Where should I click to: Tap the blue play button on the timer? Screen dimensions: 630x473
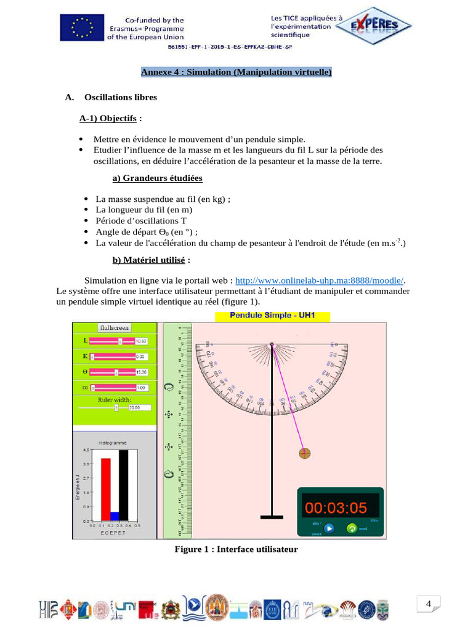pyautogui.click(x=329, y=528)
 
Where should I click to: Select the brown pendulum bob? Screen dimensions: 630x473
pyautogui.click(x=305, y=454)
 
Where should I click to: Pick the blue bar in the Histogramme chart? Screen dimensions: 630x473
pyautogui.click(x=114, y=516)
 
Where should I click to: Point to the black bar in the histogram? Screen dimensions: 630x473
pyautogui.click(x=123, y=485)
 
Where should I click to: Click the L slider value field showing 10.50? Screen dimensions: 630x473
pyautogui.click(x=141, y=341)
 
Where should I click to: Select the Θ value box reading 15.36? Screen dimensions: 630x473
pyautogui.click(x=141, y=372)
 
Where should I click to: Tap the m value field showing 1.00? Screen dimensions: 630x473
pyautogui.click(x=141, y=388)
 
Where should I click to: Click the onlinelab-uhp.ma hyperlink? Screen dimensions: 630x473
pyautogui.click(x=319, y=279)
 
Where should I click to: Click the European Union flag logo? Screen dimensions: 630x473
pyautogui.click(x=80, y=28)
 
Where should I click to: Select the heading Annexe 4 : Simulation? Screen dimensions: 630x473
pyautogui.click(x=236, y=73)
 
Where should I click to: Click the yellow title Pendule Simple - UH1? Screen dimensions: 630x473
pyautogui.click(x=272, y=316)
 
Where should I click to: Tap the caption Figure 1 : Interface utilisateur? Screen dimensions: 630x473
pyautogui.click(x=236, y=549)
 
